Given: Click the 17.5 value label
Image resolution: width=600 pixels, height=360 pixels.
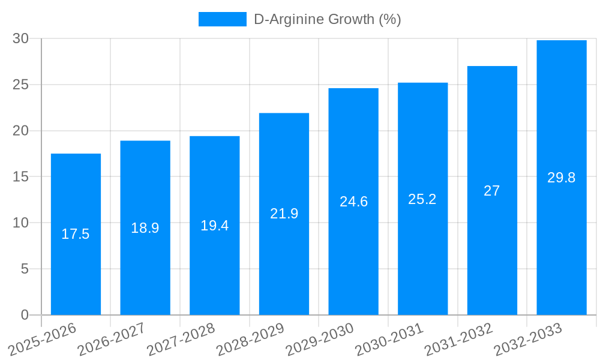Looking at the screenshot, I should pos(76,234).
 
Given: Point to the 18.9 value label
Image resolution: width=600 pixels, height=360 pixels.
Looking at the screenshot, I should pos(145,228).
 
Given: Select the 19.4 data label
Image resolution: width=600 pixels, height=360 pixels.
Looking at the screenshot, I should pos(215,226).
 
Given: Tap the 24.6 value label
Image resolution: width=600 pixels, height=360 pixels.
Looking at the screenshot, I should pos(353,202).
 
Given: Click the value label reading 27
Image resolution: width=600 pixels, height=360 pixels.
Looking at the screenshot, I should pos(492,191).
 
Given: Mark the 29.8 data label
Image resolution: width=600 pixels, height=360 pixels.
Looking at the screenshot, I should pos(562,178).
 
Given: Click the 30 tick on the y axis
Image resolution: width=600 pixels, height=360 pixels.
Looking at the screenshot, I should pos(20,38).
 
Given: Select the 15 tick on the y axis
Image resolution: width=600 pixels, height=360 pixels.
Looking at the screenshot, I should pos(20,177).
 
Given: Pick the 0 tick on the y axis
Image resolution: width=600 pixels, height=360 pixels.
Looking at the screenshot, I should pos(25,315).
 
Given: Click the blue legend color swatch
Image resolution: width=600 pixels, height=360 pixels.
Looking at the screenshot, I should pos(222,19).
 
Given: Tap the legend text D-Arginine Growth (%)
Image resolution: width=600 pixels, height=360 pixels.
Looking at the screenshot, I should pos(327,19).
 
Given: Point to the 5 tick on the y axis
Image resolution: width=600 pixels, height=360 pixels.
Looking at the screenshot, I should pos(25,269).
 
